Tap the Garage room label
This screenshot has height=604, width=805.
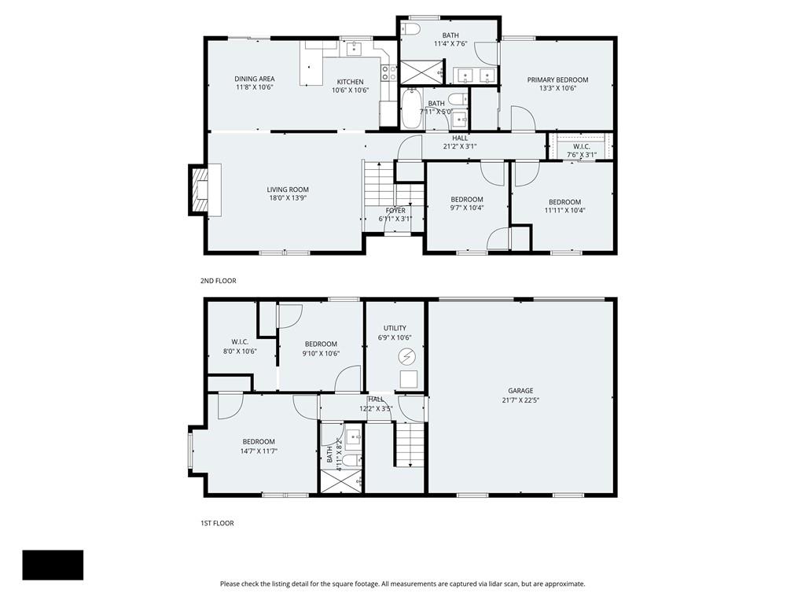[520, 391]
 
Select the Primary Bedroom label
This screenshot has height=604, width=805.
[557, 80]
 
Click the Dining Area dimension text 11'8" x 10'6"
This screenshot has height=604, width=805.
[255, 87]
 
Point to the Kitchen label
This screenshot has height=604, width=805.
[350, 82]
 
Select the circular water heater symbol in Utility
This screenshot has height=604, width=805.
[406, 357]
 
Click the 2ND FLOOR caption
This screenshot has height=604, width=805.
[218, 281]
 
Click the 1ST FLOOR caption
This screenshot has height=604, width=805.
[217, 523]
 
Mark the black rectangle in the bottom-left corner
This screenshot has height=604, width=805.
[53, 565]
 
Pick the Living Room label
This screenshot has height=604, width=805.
[288, 190]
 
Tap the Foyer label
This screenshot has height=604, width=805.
[395, 210]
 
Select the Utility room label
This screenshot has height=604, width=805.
[395, 328]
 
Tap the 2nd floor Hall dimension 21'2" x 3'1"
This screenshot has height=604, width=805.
[460, 146]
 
